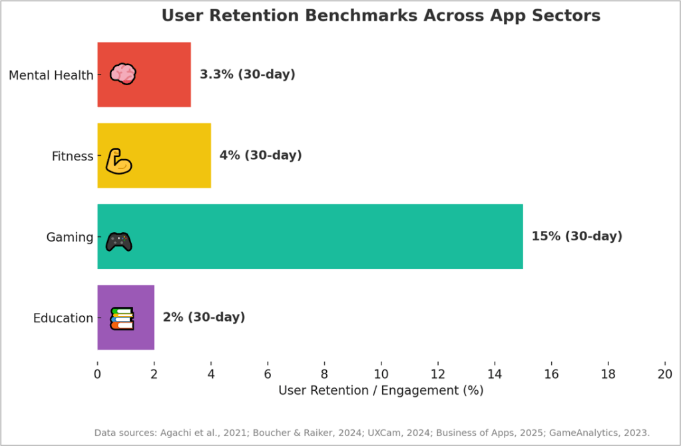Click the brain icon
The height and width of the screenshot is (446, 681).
click(123, 74)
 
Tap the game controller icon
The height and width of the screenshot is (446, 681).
click(118, 242)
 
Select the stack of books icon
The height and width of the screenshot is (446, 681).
click(122, 318)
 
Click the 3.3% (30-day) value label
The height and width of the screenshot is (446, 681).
click(247, 75)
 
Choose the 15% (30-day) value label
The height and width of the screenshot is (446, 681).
click(576, 236)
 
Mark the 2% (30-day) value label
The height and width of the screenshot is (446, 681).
click(204, 318)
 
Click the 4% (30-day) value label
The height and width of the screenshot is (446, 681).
click(260, 156)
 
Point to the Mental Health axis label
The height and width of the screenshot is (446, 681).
click(51, 75)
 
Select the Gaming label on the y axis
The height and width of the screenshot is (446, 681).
click(69, 237)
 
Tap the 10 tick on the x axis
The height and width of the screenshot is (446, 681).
click(381, 374)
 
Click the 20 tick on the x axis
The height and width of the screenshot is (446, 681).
click(664, 374)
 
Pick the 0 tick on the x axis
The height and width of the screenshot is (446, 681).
click(97, 374)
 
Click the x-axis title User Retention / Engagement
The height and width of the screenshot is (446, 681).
click(381, 391)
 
